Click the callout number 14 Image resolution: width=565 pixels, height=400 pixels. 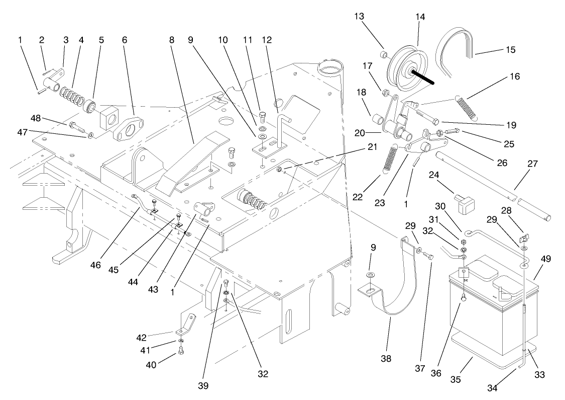[420, 17]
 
